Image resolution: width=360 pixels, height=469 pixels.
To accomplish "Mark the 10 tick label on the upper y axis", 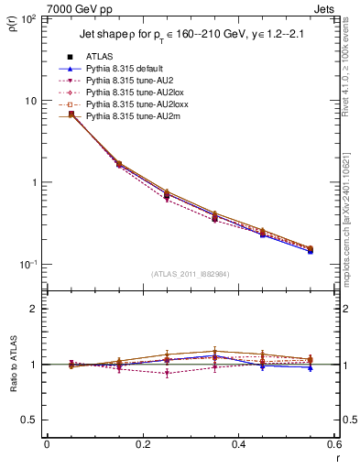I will (29, 101).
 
